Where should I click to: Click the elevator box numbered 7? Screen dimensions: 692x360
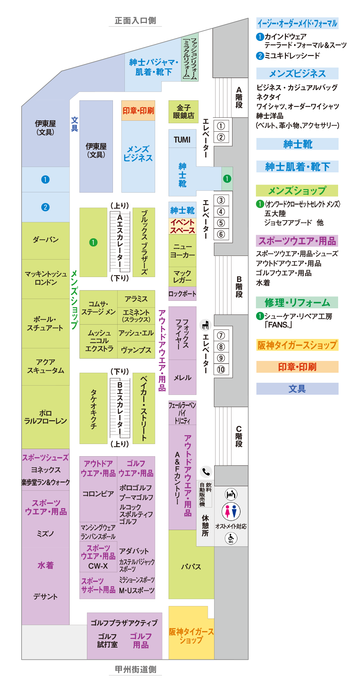pyautogui.click(x=221, y=336)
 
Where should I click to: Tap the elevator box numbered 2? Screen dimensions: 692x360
pyautogui.click(x=221, y=137)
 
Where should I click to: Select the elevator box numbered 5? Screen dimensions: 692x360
pyautogui.click(x=221, y=223)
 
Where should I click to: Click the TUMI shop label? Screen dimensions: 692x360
pyautogui.click(x=182, y=139)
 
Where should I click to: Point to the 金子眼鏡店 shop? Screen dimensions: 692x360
pyautogui.click(x=183, y=112)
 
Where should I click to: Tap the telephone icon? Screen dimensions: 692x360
pyautogui.click(x=206, y=472)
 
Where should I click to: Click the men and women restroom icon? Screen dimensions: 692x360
pyautogui.click(x=231, y=512)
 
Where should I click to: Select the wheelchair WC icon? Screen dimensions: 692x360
pyautogui.click(x=231, y=538)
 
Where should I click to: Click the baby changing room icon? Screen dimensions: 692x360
pyautogui.click(x=231, y=494)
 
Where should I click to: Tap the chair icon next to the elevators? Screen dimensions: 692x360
pyautogui.click(x=205, y=325)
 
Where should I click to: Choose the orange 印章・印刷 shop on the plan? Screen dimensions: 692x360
pyautogui.click(x=138, y=111)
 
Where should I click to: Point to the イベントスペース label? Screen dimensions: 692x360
pyautogui.click(x=182, y=226)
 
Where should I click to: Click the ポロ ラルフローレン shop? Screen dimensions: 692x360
pyautogui.click(x=46, y=417)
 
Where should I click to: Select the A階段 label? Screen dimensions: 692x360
pyautogui.click(x=239, y=98)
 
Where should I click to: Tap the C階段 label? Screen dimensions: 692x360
pyautogui.click(x=239, y=436)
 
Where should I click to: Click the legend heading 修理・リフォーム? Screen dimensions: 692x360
pyautogui.click(x=297, y=302)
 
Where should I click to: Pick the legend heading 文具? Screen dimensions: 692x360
pyautogui.click(x=297, y=389)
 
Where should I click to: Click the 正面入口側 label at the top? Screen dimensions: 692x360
pyautogui.click(x=135, y=21)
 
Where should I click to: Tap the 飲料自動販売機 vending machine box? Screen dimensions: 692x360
pyautogui.click(x=205, y=494)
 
